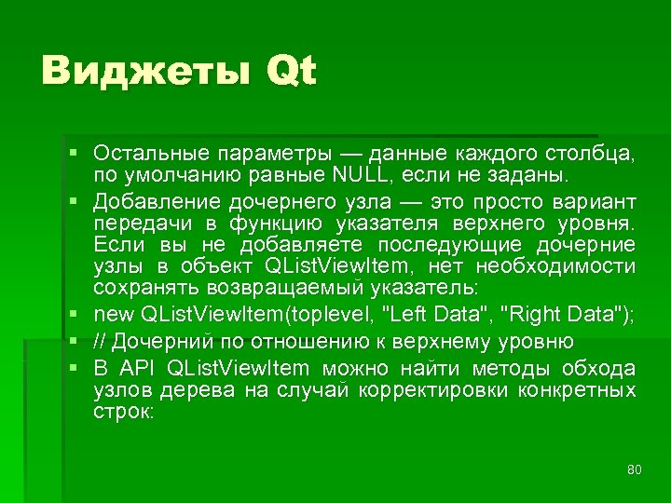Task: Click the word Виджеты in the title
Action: coord(144,71)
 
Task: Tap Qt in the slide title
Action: coord(290,73)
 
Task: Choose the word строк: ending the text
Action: coord(124,411)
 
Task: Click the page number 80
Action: coord(635,469)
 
